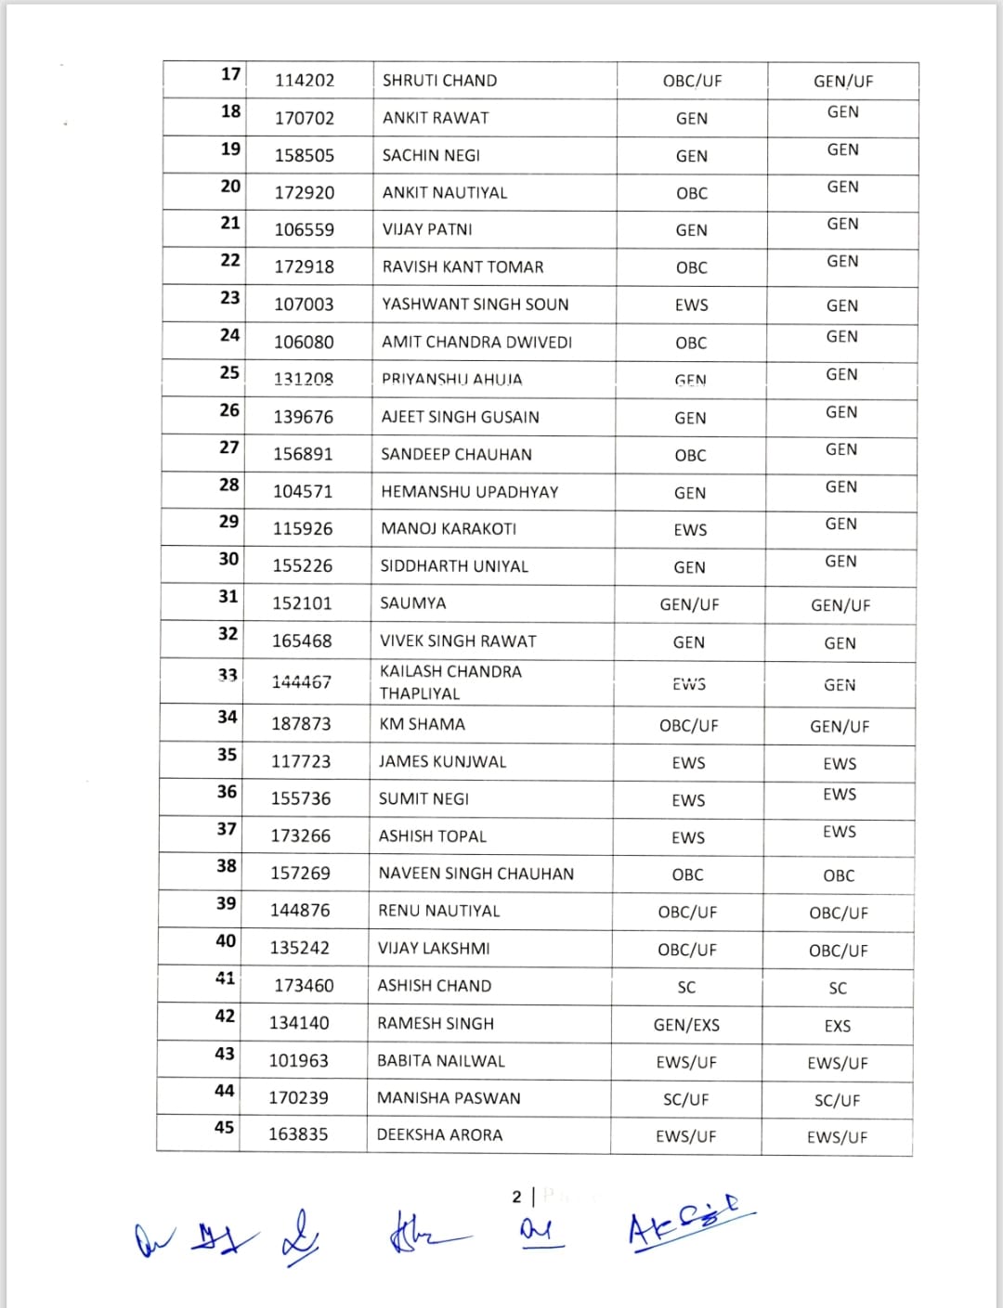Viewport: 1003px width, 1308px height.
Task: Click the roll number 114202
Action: pyautogui.click(x=304, y=81)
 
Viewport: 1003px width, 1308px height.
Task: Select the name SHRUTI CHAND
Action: pyautogui.click(x=439, y=81)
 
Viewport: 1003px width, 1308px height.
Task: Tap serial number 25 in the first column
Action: pyautogui.click(x=229, y=373)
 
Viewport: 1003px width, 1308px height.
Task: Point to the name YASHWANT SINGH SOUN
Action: pyautogui.click(x=475, y=304)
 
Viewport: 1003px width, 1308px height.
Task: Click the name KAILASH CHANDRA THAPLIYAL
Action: pyautogui.click(x=450, y=682)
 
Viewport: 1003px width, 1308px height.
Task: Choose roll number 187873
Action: pyautogui.click(x=301, y=724)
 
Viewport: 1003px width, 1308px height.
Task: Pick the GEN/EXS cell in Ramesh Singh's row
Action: pyautogui.click(x=686, y=1025)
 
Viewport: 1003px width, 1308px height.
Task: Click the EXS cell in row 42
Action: pyautogui.click(x=837, y=1026)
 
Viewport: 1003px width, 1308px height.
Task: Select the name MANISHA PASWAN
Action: pyautogui.click(x=449, y=1098)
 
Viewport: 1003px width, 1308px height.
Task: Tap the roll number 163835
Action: pyautogui.click(x=298, y=1134)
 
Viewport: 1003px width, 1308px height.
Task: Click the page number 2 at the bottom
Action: pyautogui.click(x=517, y=1197)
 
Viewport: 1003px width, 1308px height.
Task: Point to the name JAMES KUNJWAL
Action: pyautogui.click(x=442, y=762)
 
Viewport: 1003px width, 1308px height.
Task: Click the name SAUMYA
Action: pyautogui.click(x=412, y=603)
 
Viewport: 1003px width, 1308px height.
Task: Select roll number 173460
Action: pyautogui.click(x=304, y=986)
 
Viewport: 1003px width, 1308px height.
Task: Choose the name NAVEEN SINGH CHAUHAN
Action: pyautogui.click(x=475, y=874)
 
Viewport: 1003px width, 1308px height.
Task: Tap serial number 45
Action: pyautogui.click(x=224, y=1128)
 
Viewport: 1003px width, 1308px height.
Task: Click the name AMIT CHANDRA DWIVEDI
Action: pyautogui.click(x=476, y=343)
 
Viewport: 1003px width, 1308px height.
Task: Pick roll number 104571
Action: pyautogui.click(x=303, y=492)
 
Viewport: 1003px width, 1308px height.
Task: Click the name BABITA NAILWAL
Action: pyautogui.click(x=441, y=1061)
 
